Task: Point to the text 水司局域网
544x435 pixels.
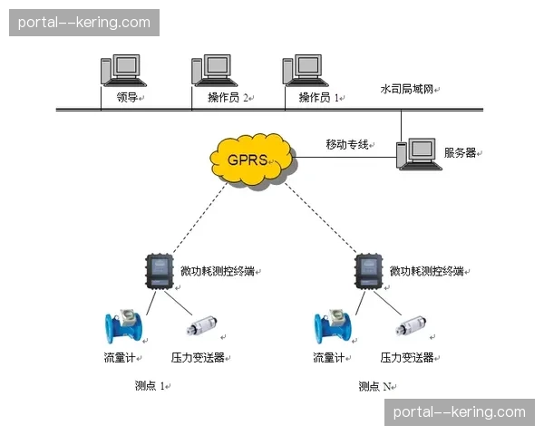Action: [406, 90]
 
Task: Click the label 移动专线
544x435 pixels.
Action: [347, 144]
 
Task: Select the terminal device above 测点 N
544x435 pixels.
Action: [369, 271]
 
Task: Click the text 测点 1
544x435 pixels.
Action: [150, 386]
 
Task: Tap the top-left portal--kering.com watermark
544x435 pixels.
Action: [83, 22]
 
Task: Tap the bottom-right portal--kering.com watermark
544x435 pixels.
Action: [459, 412]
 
